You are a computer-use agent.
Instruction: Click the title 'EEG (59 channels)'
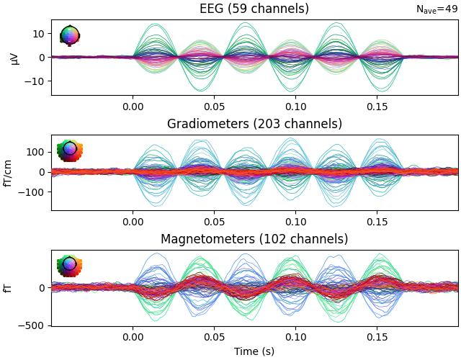click(x=254, y=9)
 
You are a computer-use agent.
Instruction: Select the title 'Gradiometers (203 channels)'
click(x=254, y=124)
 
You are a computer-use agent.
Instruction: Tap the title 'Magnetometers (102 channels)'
click(x=254, y=239)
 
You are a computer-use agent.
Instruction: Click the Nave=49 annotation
click(x=437, y=9)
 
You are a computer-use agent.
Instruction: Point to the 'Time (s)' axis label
click(x=254, y=351)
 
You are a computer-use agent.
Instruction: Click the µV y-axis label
click(x=15, y=58)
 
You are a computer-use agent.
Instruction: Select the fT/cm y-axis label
click(x=8, y=173)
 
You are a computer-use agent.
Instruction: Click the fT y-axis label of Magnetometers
click(x=8, y=288)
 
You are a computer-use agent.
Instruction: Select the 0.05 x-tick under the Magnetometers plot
click(x=214, y=336)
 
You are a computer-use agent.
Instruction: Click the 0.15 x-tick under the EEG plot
click(x=377, y=106)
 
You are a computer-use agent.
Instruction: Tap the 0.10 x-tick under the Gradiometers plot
click(x=295, y=221)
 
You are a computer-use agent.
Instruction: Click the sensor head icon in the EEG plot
click(x=70, y=36)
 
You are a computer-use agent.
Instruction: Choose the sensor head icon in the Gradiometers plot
click(x=70, y=150)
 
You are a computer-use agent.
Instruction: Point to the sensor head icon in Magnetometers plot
click(x=70, y=265)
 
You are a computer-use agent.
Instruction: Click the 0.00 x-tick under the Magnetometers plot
click(x=133, y=336)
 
